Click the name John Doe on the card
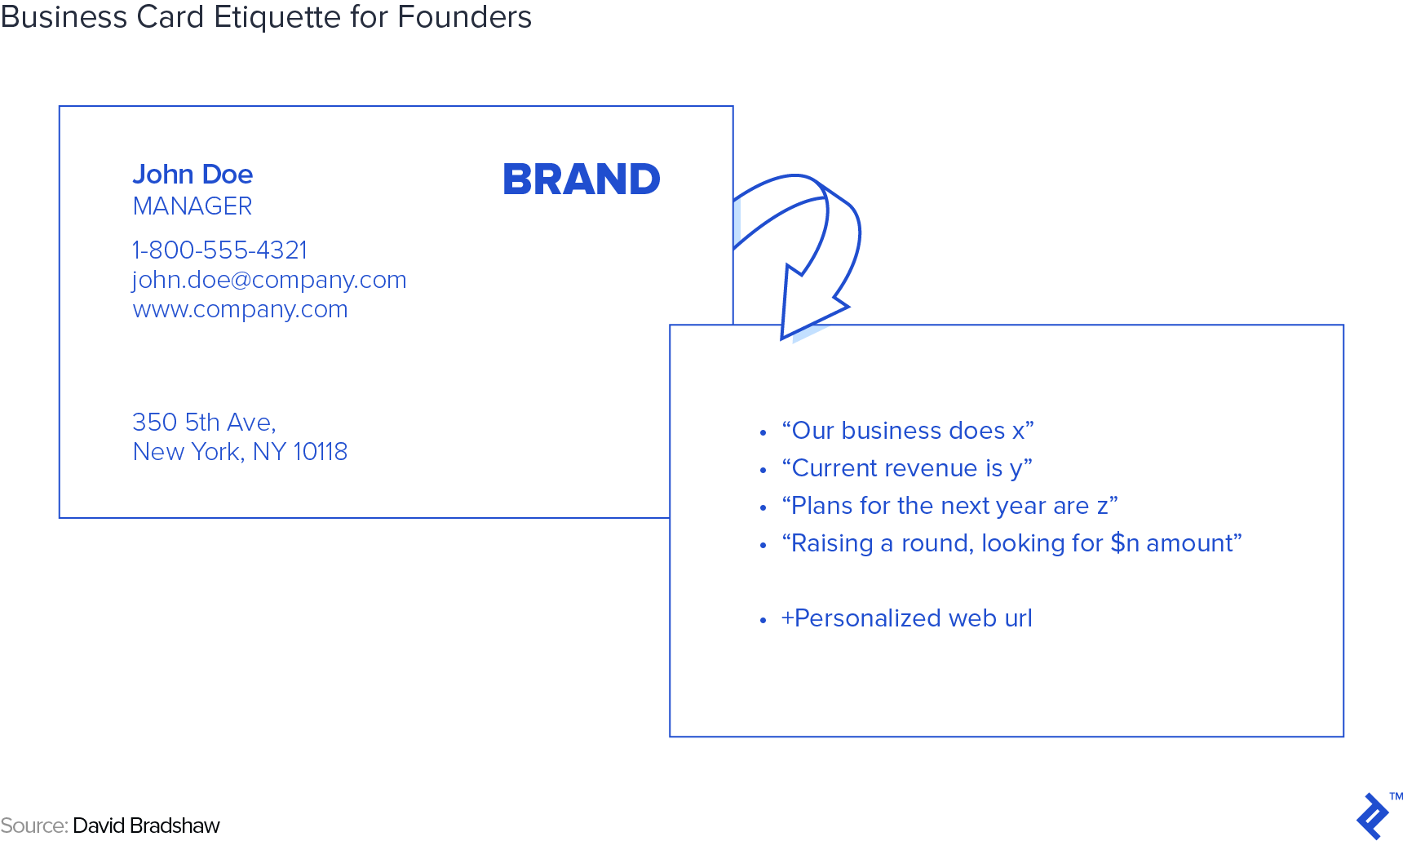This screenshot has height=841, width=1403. pos(193,175)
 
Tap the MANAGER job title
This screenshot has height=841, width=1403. pos(193,206)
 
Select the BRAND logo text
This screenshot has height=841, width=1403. pos(582,179)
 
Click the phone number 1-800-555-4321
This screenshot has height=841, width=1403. pos(220,250)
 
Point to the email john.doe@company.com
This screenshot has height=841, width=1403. pos(269,280)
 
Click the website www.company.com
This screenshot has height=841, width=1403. pos(241,309)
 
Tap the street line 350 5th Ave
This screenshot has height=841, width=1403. pos(204,423)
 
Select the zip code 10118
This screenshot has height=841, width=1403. pos(320,452)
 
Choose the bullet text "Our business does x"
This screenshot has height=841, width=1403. pos(908,431)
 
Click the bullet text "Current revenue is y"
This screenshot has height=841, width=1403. pos(907,468)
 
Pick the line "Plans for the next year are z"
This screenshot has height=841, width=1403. pos(949,506)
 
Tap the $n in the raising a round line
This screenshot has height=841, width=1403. pos(1125,543)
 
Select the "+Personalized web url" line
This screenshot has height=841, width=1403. pos(906,618)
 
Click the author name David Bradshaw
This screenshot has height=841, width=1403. pos(147,826)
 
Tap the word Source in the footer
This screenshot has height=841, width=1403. pos(33,826)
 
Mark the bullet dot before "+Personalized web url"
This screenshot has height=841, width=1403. pos(763,621)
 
